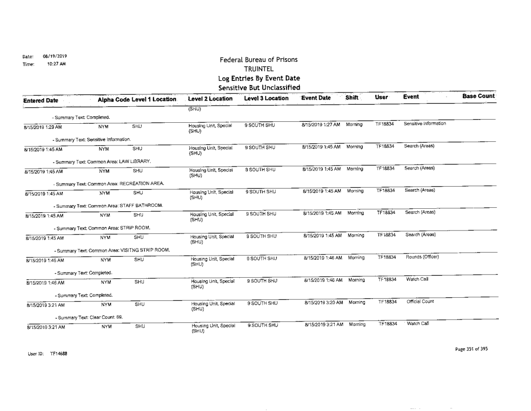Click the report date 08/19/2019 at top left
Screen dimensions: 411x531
(55, 56)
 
